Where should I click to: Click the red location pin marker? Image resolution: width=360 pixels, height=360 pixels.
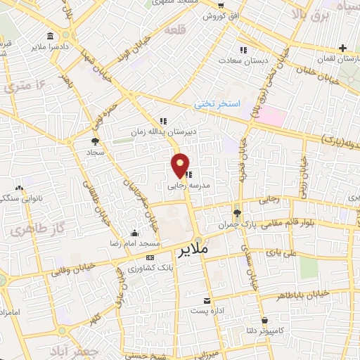click(x=181, y=165)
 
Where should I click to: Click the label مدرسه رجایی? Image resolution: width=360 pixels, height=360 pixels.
click(x=186, y=187)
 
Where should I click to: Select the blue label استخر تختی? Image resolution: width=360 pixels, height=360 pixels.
click(x=217, y=104)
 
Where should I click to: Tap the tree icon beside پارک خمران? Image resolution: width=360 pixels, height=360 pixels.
click(x=236, y=213)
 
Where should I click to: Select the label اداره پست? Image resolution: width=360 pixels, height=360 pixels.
click(x=207, y=311)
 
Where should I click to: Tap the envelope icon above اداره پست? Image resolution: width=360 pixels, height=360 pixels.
click(x=207, y=300)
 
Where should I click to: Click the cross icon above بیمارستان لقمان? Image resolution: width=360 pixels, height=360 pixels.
click(x=342, y=48)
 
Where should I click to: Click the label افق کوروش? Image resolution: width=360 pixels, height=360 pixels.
click(x=221, y=15)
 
